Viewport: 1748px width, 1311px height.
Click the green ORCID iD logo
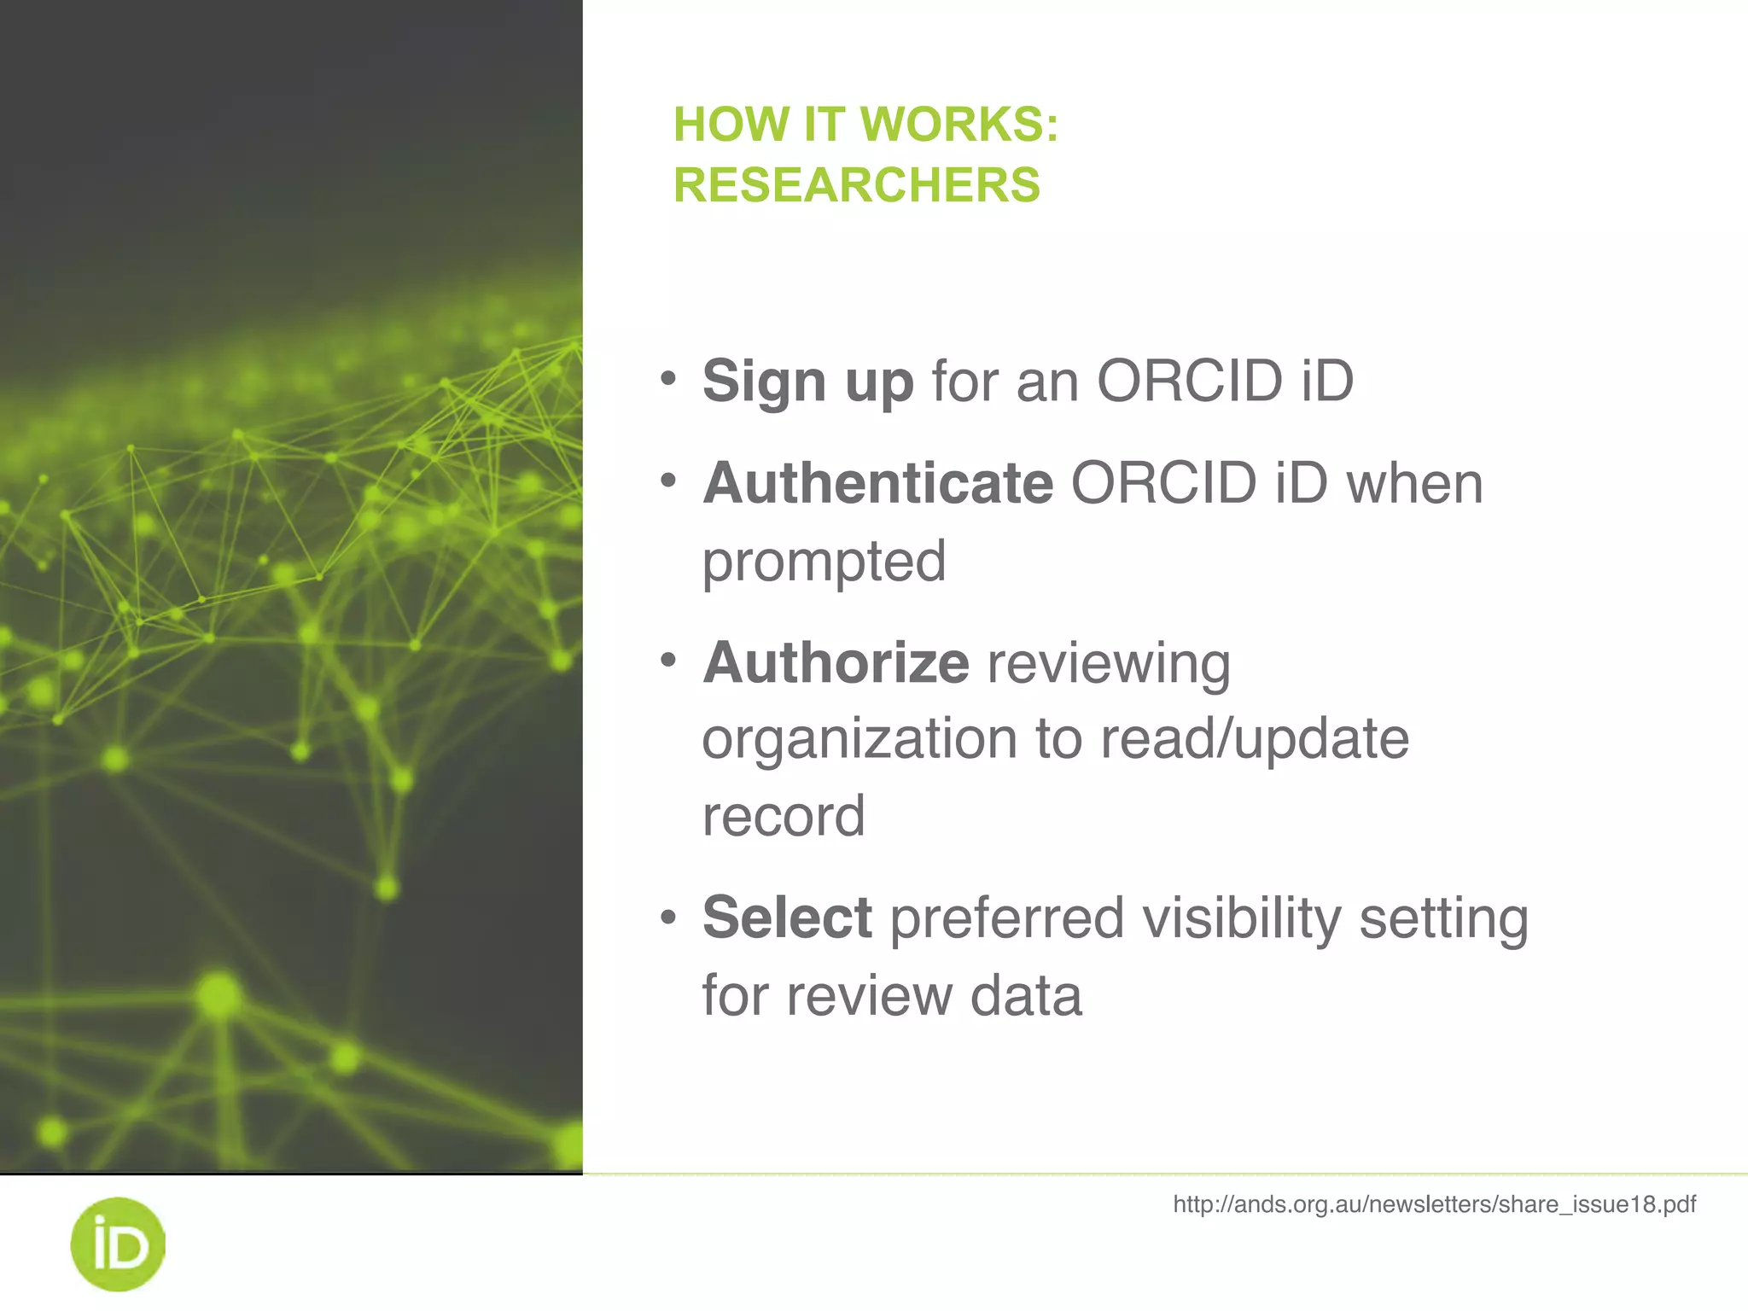pyautogui.click(x=118, y=1244)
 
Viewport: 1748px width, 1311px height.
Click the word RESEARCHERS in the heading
pyautogui.click(x=857, y=185)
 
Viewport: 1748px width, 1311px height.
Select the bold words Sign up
pyautogui.click(x=807, y=381)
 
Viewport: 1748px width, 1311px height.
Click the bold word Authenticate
pyautogui.click(x=878, y=483)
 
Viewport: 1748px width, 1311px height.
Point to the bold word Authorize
pyautogui.click(x=836, y=662)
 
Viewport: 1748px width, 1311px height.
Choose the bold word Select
pyautogui.click(x=787, y=918)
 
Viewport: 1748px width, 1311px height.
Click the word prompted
pyautogui.click(x=824, y=562)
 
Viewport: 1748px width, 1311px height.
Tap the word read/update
pyautogui.click(x=1254, y=738)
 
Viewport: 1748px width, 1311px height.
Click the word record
pyautogui.click(x=784, y=816)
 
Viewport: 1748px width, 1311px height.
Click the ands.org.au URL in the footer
pyautogui.click(x=1434, y=1204)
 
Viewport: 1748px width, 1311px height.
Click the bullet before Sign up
pyautogui.click(x=668, y=377)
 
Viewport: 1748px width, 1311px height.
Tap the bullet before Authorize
pyautogui.click(x=668, y=659)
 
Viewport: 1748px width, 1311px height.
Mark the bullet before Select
pyautogui.click(x=668, y=918)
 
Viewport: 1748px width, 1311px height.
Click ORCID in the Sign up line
pyautogui.click(x=1190, y=381)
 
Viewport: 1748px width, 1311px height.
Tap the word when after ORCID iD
pyautogui.click(x=1414, y=483)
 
